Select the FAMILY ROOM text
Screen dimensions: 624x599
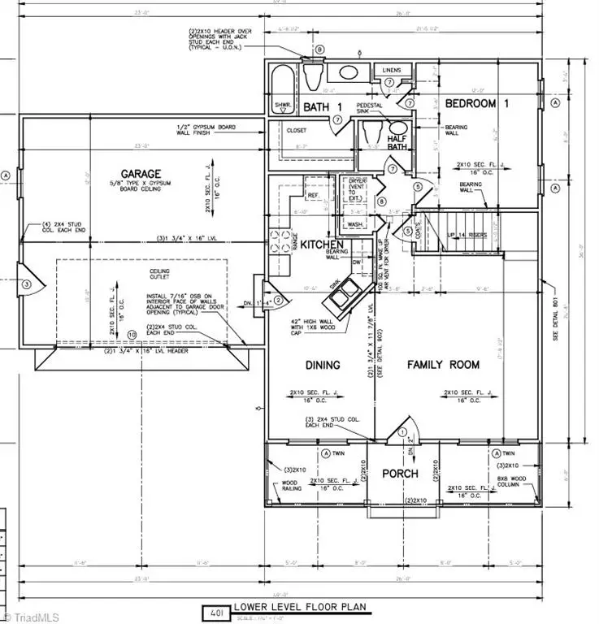444,365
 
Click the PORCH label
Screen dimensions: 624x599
401,473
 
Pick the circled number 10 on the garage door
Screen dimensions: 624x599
132,334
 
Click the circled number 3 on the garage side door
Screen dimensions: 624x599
27,284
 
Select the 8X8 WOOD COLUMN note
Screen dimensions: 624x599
517,483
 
